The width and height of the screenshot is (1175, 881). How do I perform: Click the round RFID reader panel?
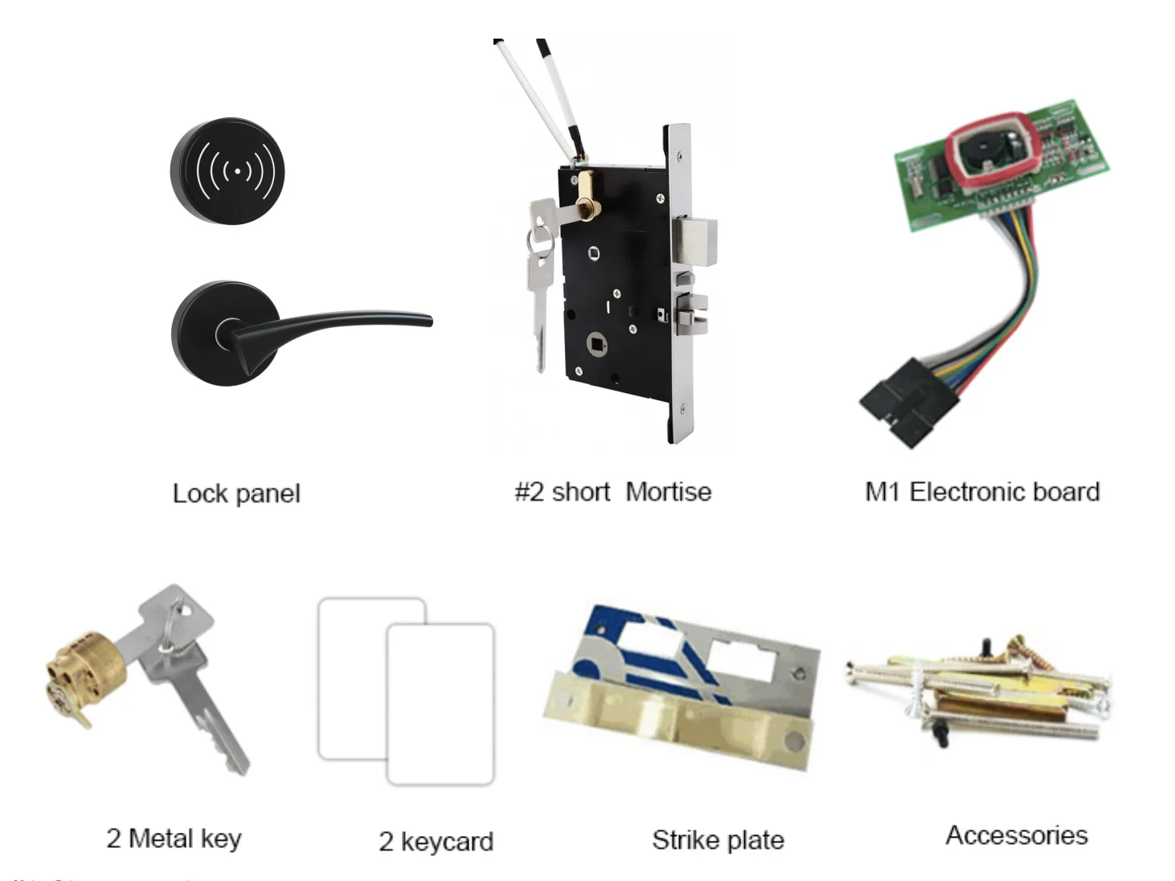[x=228, y=170]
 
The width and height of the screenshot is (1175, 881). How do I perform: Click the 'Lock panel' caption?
[x=236, y=494]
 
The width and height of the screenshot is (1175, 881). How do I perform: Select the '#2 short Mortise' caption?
[x=612, y=492]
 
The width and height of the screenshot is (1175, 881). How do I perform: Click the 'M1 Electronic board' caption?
[x=982, y=492]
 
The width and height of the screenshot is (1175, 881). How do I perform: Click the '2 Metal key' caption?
[x=174, y=838]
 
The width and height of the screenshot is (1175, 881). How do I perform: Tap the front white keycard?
[x=440, y=703]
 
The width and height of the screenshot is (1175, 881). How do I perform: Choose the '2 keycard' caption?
[x=436, y=842]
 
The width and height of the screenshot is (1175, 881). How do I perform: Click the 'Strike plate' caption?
[x=718, y=840]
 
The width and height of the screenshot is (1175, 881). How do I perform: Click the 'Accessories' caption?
[x=1017, y=835]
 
